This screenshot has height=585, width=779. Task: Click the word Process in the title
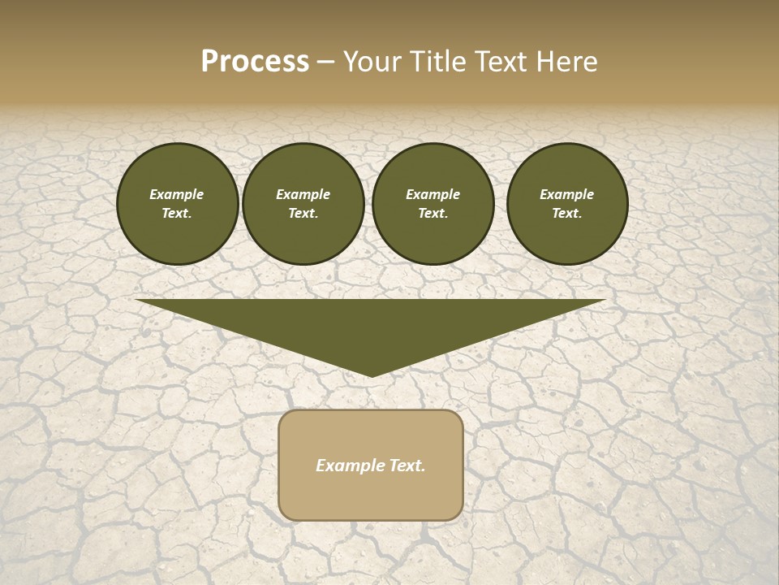255,62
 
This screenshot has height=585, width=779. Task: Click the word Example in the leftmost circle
177,194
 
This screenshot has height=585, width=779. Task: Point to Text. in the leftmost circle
177,214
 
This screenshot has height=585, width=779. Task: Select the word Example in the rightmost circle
567,194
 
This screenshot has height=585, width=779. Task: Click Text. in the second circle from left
303,214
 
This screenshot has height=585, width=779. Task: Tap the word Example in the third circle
433,194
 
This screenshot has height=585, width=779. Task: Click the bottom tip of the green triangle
371,375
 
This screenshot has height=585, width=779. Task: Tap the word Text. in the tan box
407,466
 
